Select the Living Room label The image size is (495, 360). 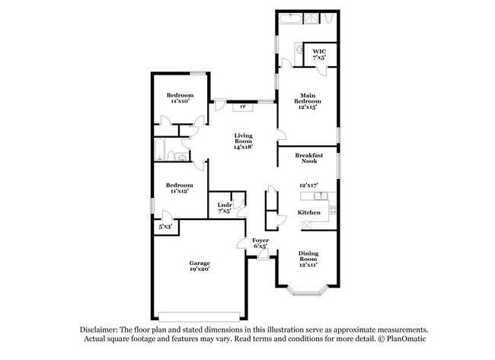243,137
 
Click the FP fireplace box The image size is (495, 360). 243,107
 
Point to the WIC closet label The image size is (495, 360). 318,51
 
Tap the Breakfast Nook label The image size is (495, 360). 310,158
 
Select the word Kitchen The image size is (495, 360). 308,212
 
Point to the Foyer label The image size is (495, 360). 260,240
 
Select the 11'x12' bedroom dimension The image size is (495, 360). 179,191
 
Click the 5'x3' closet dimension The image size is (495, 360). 164,227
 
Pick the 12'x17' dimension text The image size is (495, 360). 308,185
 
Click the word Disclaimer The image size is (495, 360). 104,329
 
